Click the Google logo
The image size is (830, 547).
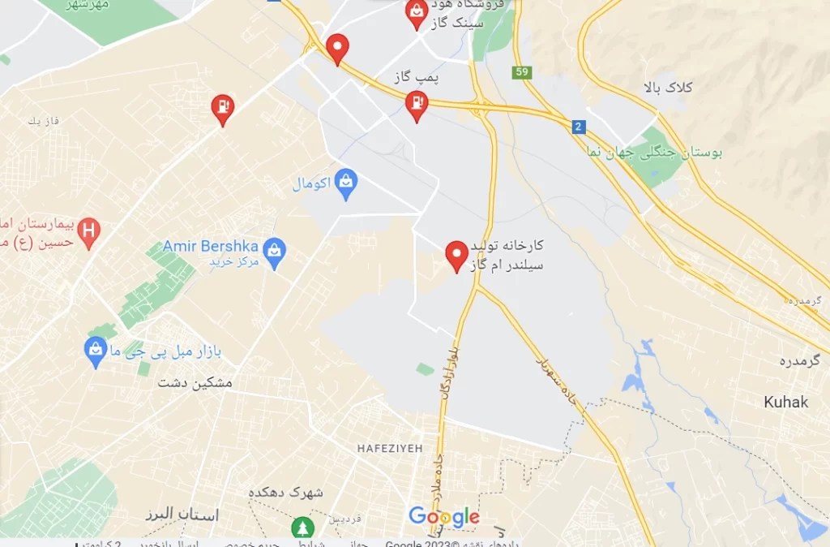(443, 517)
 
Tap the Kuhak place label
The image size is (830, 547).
(785, 402)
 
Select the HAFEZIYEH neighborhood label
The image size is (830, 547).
(389, 448)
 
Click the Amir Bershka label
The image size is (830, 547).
(211, 245)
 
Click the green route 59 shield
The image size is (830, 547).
(522, 72)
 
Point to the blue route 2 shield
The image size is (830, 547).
(578, 127)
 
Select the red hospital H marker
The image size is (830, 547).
(89, 231)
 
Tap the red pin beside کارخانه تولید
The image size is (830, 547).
(457, 254)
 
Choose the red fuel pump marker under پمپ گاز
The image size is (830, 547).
(417, 105)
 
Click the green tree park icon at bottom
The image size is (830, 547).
(303, 528)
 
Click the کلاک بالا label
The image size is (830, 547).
(666, 87)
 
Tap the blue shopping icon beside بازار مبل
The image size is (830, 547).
(96, 351)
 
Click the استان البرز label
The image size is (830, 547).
(182, 515)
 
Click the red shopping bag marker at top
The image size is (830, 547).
(417, 13)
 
